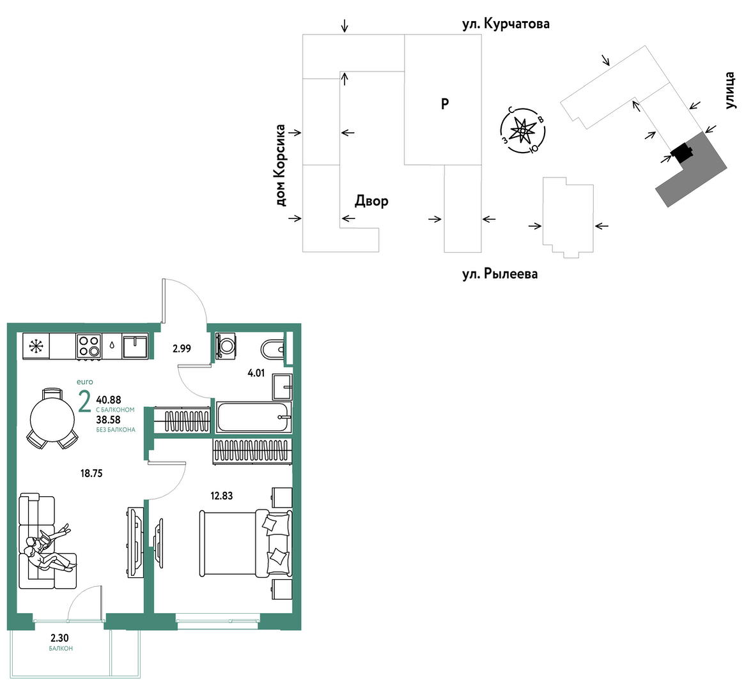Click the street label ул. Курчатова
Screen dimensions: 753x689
[506, 24]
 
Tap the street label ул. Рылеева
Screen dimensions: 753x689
[500, 274]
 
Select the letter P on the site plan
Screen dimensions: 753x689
[445, 103]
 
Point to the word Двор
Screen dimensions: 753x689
[371, 201]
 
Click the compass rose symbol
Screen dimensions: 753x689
[522, 130]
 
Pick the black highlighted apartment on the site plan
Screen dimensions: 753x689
[682, 153]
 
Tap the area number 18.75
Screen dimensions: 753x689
[91, 474]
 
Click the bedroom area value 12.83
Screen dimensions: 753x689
[221, 496]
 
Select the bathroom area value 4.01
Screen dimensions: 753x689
[256, 373]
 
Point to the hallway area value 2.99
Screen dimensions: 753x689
[182, 349]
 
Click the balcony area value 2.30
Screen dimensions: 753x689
[59, 638]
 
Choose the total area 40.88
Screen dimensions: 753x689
[109, 400]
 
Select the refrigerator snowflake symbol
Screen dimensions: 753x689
[35, 347]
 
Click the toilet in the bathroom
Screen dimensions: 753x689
[272, 349]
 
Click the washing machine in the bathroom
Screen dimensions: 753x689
[226, 345]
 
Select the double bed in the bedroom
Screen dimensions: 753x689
[246, 543]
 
